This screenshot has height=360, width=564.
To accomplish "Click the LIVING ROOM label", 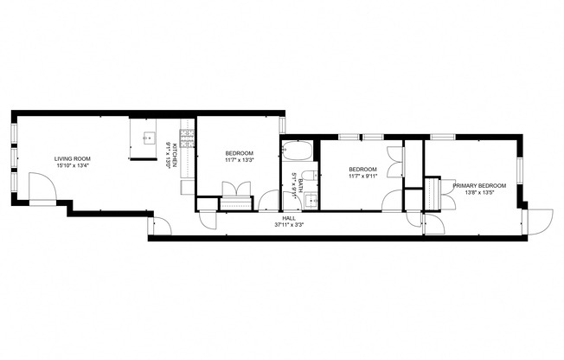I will point(73,158).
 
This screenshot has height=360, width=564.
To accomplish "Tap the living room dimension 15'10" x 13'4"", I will point(73,166).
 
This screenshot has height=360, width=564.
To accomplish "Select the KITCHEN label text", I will point(176,155).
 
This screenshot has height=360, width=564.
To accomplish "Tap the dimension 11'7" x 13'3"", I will point(239,159).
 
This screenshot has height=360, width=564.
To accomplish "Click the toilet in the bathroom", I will point(287,183).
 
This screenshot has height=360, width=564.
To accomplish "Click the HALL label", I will point(288,217).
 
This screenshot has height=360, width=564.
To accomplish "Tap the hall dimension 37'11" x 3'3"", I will point(288,225).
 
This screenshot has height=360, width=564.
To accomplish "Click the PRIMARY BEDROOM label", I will point(478,185).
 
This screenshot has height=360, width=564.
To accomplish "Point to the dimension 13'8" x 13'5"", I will point(478,193).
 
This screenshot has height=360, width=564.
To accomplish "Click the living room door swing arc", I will point(39,184).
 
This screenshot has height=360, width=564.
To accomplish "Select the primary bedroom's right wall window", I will point(521,170).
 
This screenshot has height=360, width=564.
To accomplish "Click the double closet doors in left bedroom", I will point(234,190).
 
